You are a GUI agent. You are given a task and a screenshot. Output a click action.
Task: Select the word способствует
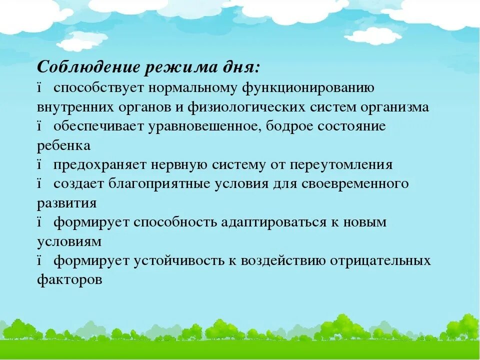point(98,88)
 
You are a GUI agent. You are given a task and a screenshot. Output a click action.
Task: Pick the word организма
point(397,107)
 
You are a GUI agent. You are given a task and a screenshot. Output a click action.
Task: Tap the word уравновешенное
point(204,126)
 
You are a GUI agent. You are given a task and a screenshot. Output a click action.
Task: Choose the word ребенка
point(63,145)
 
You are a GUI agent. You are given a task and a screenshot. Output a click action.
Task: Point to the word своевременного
point(355,184)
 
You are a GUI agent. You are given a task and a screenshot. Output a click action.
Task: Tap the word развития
point(66,203)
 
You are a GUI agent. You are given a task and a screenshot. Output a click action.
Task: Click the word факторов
point(69,280)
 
